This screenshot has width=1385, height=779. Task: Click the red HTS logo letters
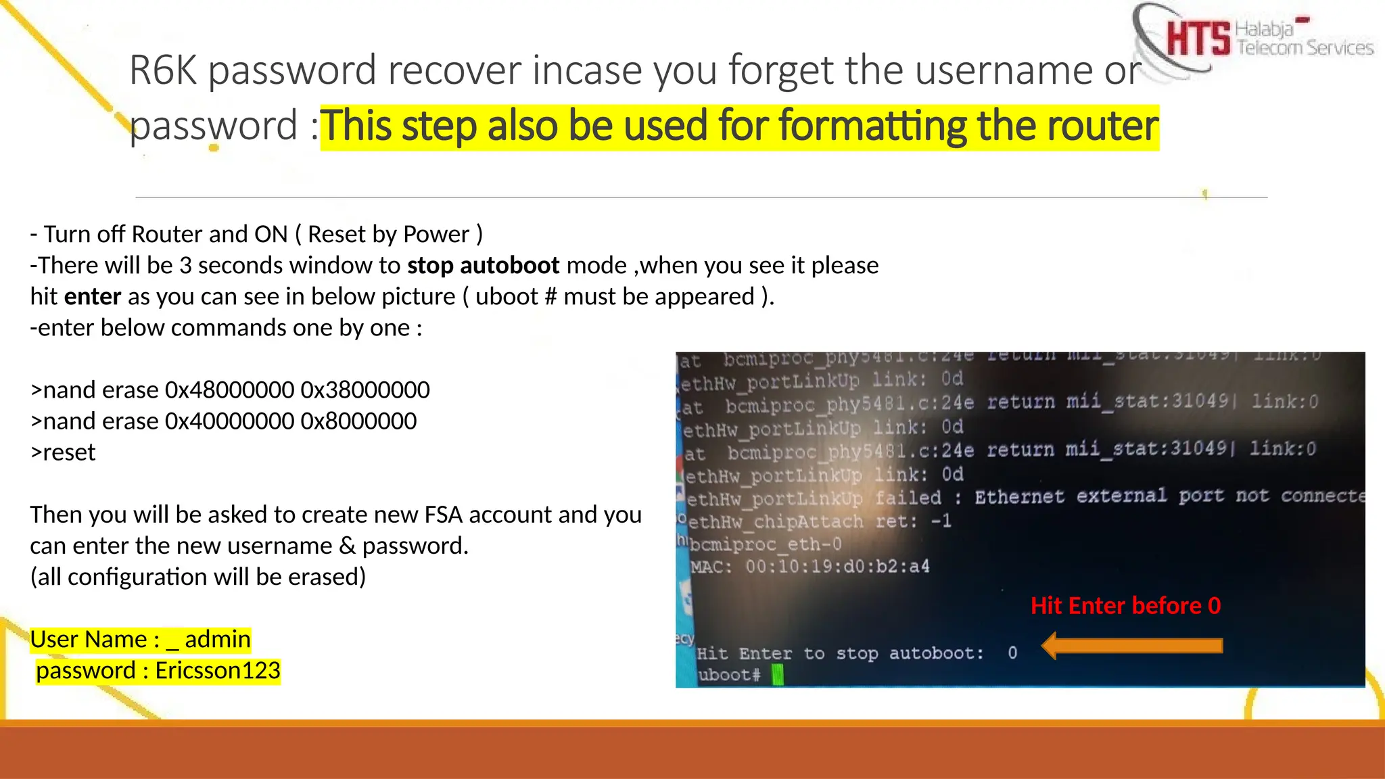coord(1198,38)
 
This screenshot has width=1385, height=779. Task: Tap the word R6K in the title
coord(163,70)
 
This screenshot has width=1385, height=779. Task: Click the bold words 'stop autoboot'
coord(483,265)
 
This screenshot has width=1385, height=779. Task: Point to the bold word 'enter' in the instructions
coord(93,296)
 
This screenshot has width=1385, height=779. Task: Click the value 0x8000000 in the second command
coord(358,421)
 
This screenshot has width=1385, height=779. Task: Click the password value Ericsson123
coord(217,671)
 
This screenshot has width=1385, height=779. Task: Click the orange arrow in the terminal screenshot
coord(1132,646)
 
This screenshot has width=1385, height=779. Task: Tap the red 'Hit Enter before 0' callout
coord(1125,605)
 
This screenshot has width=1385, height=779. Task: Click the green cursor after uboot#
coord(778,674)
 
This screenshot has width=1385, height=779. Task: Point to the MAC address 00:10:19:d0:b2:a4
coord(837,566)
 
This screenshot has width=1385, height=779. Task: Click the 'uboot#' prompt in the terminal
coord(728,675)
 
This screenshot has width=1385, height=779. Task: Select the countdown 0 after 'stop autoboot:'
coord(1012,653)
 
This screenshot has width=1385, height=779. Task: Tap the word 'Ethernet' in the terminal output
coord(1019,497)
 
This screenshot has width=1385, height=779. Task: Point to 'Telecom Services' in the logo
coord(1305,48)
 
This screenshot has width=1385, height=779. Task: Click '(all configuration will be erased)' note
coord(197,577)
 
